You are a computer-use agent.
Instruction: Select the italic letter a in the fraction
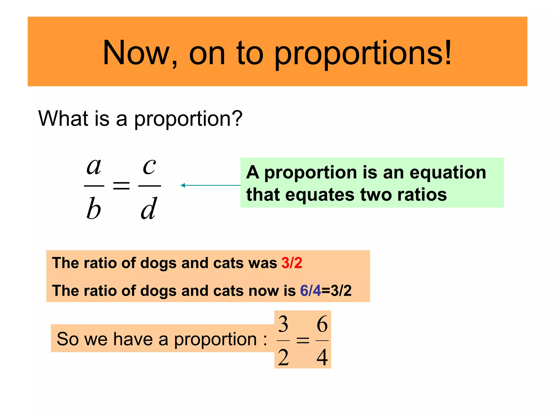coord(94,166)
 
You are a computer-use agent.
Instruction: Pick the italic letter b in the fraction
coord(94,208)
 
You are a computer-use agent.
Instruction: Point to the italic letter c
coord(149,166)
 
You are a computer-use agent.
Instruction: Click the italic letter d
coord(149,208)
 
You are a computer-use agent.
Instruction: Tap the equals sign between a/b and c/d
coord(121,186)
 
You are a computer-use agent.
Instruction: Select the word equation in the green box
coord(448,173)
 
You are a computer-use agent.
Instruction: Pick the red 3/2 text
coord(292,263)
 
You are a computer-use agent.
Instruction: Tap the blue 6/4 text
coord(310,290)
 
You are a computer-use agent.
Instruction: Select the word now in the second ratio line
coord(264,290)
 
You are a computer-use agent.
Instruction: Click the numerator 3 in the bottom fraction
coord(283,324)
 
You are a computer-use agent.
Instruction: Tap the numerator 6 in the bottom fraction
coord(322,324)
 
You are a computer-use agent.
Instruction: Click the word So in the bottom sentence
coord(68,339)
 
